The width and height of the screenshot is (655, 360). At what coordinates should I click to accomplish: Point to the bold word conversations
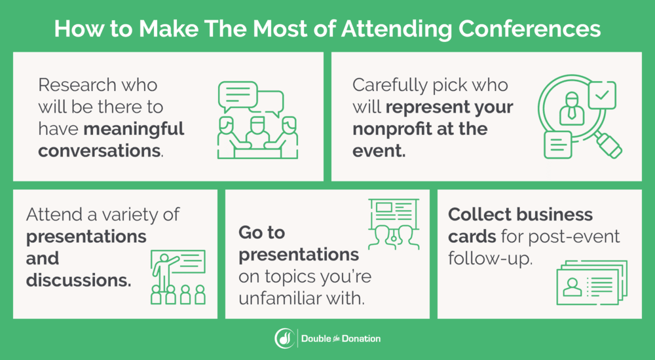tap(98, 151)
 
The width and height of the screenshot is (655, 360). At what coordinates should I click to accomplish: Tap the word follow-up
tap(489, 258)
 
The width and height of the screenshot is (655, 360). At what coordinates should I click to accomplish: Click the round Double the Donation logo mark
tap(284, 338)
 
